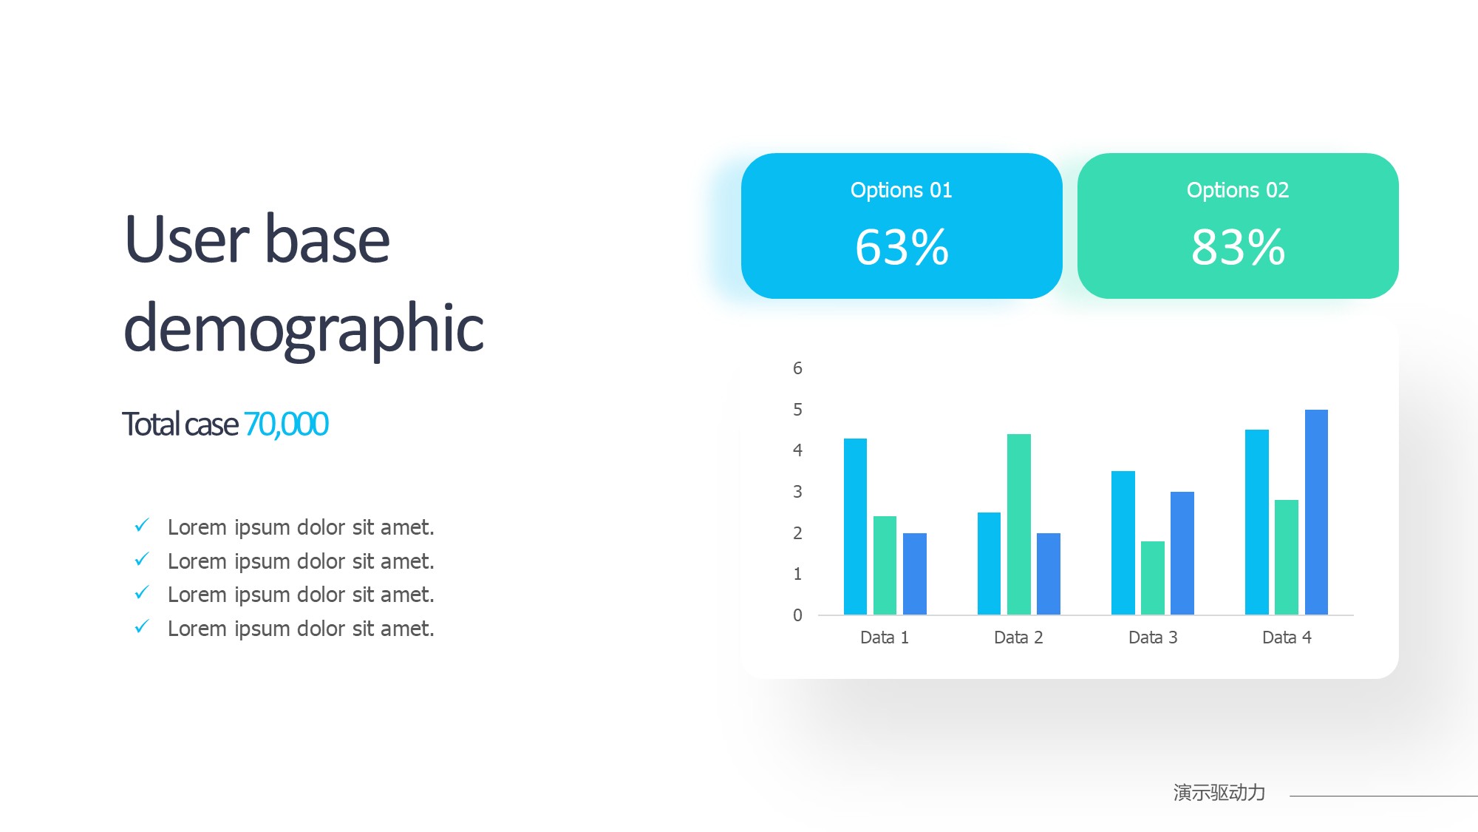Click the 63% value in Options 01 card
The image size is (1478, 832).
(x=902, y=247)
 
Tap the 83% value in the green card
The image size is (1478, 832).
(x=1238, y=247)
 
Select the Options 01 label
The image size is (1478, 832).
(x=902, y=191)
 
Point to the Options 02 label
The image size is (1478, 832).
(x=1238, y=191)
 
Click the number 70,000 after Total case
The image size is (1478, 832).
(x=286, y=425)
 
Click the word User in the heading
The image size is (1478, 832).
(x=187, y=239)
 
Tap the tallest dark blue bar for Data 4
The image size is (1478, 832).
(x=1316, y=512)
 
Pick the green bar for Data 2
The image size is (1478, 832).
(x=1018, y=524)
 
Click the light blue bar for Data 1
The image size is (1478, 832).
(x=855, y=527)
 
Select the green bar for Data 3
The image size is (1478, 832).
(x=1153, y=578)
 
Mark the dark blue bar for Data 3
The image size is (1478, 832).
(x=1182, y=553)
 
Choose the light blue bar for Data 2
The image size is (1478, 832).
(x=989, y=564)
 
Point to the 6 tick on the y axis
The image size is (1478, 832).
(x=797, y=368)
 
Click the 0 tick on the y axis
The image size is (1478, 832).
(x=797, y=615)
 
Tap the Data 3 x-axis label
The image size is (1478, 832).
(x=1153, y=637)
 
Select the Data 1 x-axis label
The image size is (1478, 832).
(x=885, y=637)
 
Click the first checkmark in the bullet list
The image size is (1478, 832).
(x=142, y=525)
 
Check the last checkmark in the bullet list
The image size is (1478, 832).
(x=142, y=626)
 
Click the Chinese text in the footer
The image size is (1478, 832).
(x=1219, y=793)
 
